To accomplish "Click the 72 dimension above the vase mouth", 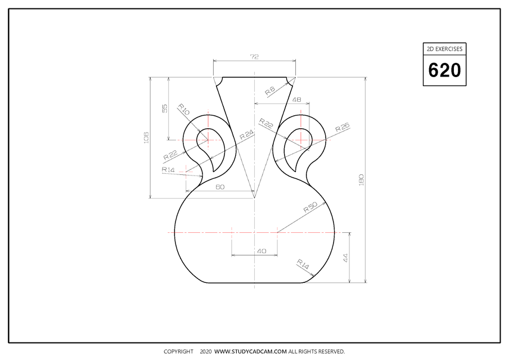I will [254, 57].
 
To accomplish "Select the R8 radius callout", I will [271, 90].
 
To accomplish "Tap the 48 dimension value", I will [296, 100].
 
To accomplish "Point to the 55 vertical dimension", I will [165, 109].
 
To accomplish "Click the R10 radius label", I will [184, 109].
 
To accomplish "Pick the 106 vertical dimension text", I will [146, 137].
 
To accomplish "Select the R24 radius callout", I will [246, 135].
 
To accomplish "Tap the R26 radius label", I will [342, 128].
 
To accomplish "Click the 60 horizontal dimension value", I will [220, 187].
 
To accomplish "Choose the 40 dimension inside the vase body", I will [261, 251].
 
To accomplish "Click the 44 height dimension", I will [346, 258].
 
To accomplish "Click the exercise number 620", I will [444, 70].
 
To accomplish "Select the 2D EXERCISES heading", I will [444, 49].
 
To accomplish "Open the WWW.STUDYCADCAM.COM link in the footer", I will [250, 352].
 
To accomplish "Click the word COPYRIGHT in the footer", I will [178, 352].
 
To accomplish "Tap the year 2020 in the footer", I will [205, 352].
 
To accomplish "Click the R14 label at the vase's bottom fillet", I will [303, 264].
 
